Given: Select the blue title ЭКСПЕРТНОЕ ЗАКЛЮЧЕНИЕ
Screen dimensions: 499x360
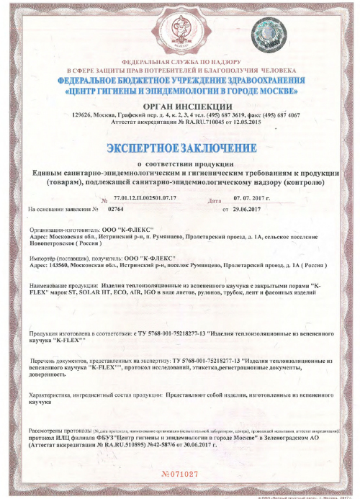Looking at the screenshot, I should tap(180, 149).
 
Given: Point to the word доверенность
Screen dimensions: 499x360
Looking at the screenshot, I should tap(50, 374).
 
